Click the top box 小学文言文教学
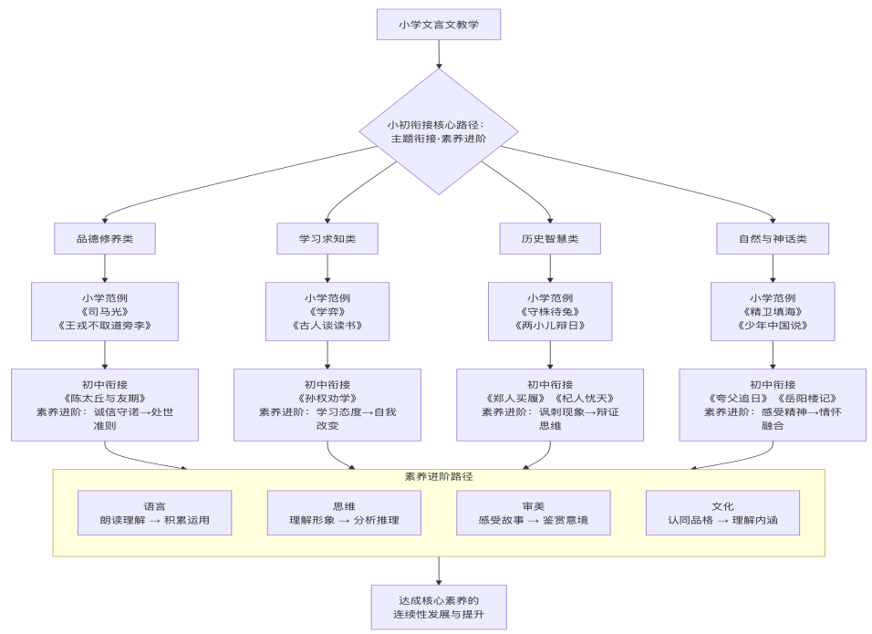tap(438, 25)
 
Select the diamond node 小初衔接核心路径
tap(438, 131)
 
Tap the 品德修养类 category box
tap(105, 239)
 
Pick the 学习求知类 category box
tap(327, 239)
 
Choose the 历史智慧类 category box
tap(550, 239)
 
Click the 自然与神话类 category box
tap(773, 239)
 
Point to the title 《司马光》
tap(105, 311)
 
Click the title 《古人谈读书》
tap(327, 326)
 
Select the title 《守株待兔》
tap(550, 311)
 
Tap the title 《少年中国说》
tap(773, 326)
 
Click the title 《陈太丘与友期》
tap(105, 398)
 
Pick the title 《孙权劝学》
tap(327, 398)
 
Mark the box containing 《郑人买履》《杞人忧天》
tap(550, 404)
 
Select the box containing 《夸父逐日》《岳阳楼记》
tap(773, 404)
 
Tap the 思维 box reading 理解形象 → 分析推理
tap(344, 514)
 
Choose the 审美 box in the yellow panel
tap(534, 514)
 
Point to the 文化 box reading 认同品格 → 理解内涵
tap(722, 514)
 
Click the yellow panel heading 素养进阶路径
tap(439, 476)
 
